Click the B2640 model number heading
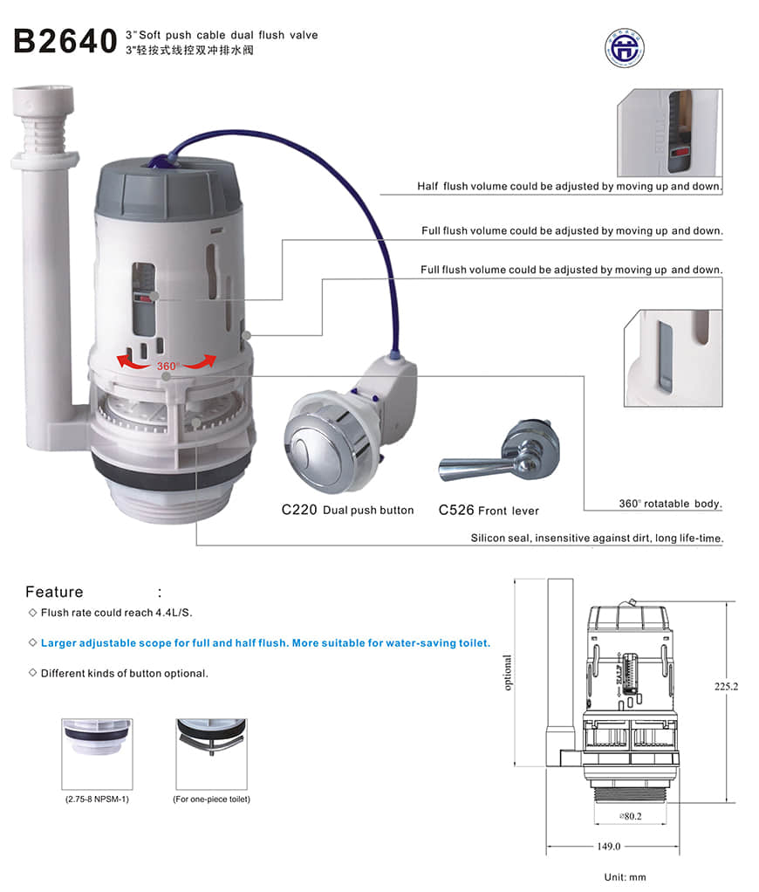pyautogui.click(x=65, y=41)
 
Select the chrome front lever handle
pyautogui.click(x=489, y=458)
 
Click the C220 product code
pyautogui.click(x=299, y=510)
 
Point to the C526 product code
pyautogui.click(x=456, y=510)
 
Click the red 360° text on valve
pyautogui.click(x=168, y=366)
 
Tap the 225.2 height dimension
pyautogui.click(x=726, y=687)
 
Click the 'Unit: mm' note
pyautogui.click(x=626, y=877)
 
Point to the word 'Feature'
pyautogui.click(x=54, y=592)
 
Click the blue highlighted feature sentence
pyautogui.click(x=265, y=643)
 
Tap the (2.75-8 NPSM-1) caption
pyautogui.click(x=97, y=799)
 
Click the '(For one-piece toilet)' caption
pyautogui.click(x=211, y=799)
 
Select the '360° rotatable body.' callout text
pyautogui.click(x=670, y=504)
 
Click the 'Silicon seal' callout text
pyautogui.click(x=596, y=539)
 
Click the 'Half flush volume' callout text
pyautogui.click(x=570, y=187)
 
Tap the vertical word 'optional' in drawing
pyautogui.click(x=508, y=673)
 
